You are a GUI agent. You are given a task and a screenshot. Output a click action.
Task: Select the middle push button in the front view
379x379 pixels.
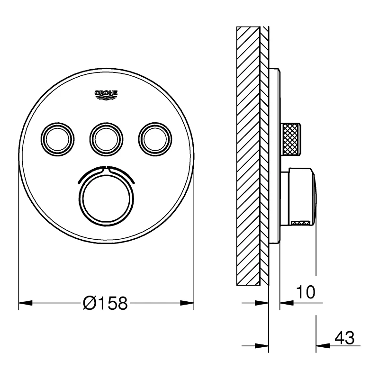[106, 138]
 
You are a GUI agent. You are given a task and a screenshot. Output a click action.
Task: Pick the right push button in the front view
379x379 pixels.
[154, 137]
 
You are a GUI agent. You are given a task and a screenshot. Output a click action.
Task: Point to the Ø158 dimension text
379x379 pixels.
[105, 303]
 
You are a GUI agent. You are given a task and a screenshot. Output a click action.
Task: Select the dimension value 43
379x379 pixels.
[344, 338]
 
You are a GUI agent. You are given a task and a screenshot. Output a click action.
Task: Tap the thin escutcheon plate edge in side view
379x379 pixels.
[275, 156]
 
